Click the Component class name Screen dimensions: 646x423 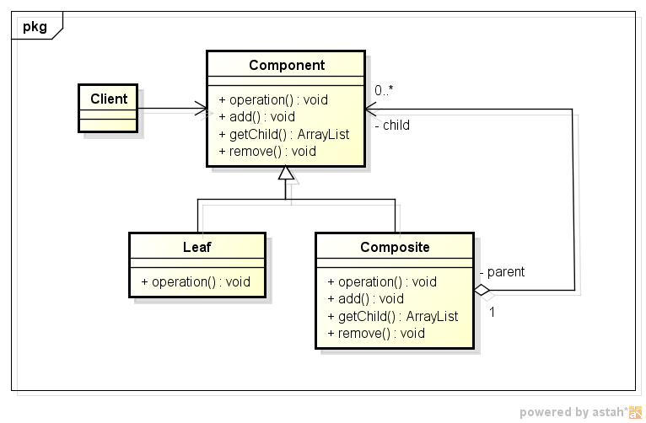287,65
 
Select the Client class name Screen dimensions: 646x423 109,99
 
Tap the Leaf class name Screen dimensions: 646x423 197,247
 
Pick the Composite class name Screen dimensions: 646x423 395,247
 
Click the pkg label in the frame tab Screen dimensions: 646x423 35,27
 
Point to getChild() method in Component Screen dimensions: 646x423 284,134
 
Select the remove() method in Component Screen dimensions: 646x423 267,152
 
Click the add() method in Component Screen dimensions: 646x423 256,117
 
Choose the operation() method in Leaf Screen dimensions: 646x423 196,282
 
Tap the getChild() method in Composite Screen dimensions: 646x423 393,316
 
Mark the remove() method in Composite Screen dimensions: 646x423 376,334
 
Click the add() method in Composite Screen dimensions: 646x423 365,299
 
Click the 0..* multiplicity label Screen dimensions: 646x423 384,90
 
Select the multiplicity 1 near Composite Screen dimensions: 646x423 492,313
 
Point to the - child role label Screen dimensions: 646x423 392,125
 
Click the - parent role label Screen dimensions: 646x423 503,272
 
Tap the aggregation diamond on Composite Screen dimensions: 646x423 482,290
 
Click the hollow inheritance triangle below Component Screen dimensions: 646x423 286,173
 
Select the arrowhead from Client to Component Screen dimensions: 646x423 201,109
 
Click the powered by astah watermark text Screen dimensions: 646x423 574,412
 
